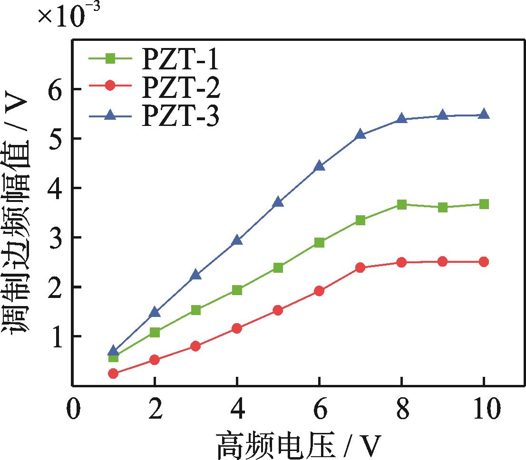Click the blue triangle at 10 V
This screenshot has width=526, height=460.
tap(484, 114)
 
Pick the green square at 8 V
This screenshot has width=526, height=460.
tap(401, 205)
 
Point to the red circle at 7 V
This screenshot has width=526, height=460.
tap(360, 268)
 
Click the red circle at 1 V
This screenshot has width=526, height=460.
tap(113, 374)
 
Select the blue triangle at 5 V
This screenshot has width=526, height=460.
tap(278, 202)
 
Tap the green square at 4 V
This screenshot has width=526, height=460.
tap(237, 290)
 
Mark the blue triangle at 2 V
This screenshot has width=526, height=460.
tap(155, 312)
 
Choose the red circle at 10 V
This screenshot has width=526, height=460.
tap(484, 261)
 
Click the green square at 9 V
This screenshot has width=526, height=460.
tap(443, 207)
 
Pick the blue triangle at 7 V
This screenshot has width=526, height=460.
tap(360, 134)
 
